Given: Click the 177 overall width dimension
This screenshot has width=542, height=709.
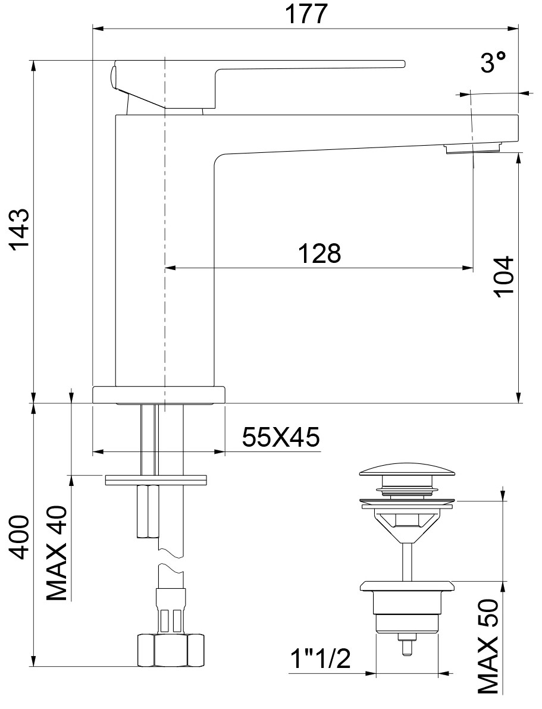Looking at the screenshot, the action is [x=306, y=14].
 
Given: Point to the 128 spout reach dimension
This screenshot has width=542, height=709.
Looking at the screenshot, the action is [x=319, y=253].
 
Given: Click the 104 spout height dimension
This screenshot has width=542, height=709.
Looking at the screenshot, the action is [x=504, y=276].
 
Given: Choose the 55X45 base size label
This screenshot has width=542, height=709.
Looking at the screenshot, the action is [x=281, y=437].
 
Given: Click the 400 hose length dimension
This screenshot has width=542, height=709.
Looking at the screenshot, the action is [x=20, y=537].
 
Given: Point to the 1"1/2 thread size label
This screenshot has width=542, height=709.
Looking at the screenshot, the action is [x=320, y=659].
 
